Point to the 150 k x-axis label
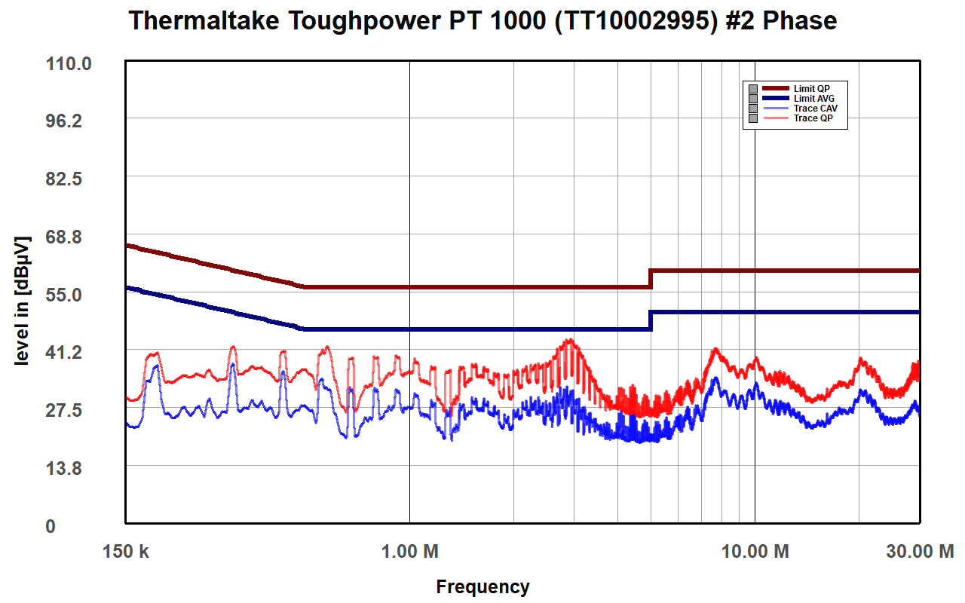point(126,552)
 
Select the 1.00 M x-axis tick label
point(409,552)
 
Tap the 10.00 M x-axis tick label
point(755,552)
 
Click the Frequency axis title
point(482,587)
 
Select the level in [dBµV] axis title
point(22,301)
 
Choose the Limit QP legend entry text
point(811,89)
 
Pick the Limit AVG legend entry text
point(814,99)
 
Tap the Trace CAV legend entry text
point(815,109)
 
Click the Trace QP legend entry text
point(813,118)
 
